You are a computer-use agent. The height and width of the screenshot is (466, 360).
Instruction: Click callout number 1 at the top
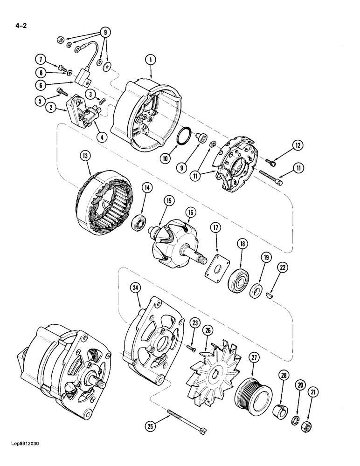click(x=151, y=60)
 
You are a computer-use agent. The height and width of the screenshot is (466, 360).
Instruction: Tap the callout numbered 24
click(x=135, y=289)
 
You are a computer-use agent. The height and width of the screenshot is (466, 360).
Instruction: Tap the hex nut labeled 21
click(x=308, y=413)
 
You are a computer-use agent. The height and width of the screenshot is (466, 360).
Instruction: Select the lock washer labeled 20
click(x=296, y=409)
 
